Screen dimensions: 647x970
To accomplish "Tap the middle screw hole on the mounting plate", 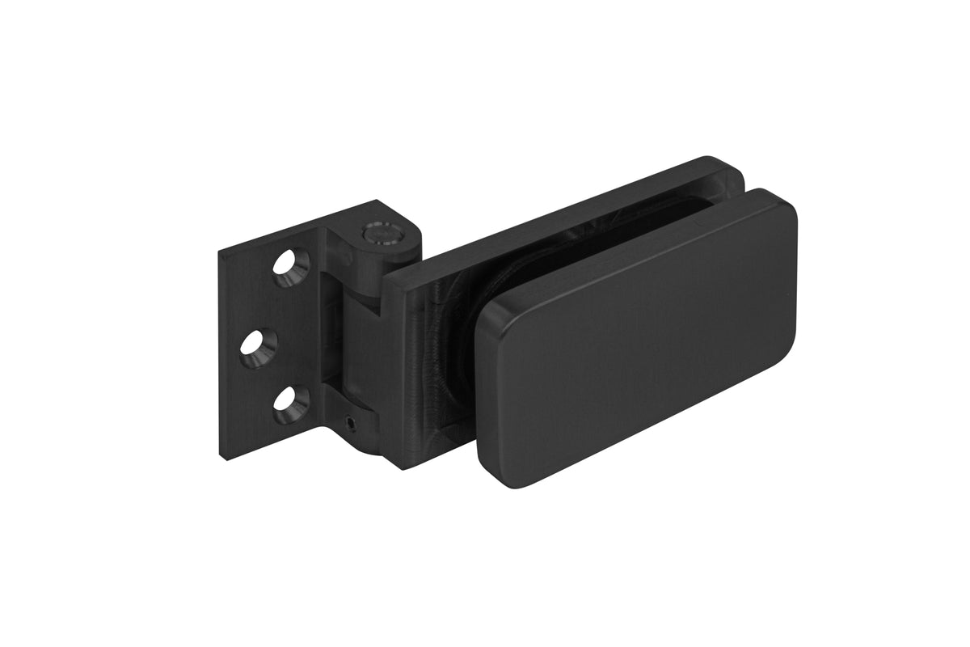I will (x=257, y=346).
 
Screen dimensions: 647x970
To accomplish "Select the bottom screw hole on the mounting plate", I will (x=288, y=405).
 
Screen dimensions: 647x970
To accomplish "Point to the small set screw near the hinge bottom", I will (x=349, y=421).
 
